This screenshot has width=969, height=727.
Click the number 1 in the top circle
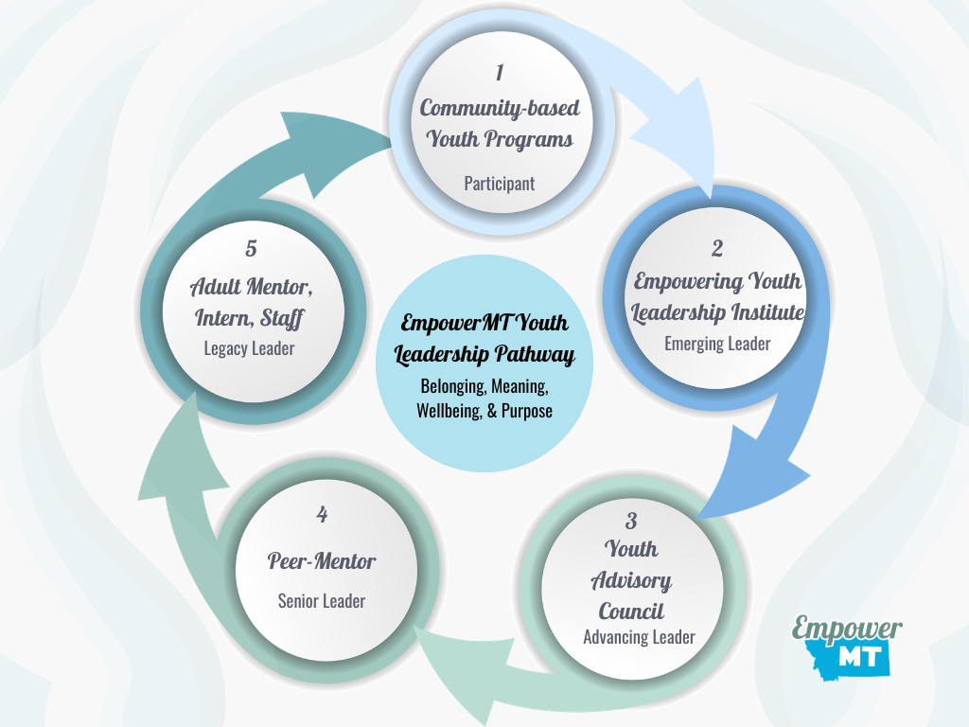click(x=500, y=73)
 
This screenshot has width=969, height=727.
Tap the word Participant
click(x=499, y=183)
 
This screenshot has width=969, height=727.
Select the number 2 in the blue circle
click(x=717, y=248)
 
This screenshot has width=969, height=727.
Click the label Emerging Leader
click(x=717, y=344)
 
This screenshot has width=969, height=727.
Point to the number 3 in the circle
click(x=631, y=520)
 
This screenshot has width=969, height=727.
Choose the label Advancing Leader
click(x=639, y=637)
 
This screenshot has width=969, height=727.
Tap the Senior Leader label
click(x=322, y=601)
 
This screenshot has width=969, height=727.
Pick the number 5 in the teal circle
click(x=250, y=248)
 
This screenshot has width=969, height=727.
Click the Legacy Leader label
click(x=249, y=348)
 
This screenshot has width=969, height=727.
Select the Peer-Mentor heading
click(x=322, y=560)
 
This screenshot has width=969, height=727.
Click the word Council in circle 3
click(x=631, y=611)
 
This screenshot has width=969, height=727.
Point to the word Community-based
click(x=500, y=108)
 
